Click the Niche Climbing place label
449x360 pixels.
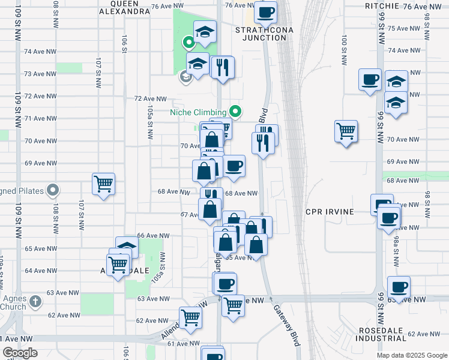197,112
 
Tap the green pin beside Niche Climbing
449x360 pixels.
236,111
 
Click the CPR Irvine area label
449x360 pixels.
330,212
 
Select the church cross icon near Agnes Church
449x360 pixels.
35,301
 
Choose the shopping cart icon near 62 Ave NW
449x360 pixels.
190,317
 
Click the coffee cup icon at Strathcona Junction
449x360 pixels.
266,11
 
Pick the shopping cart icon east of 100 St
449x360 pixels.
346,130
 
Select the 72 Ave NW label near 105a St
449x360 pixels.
149,98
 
